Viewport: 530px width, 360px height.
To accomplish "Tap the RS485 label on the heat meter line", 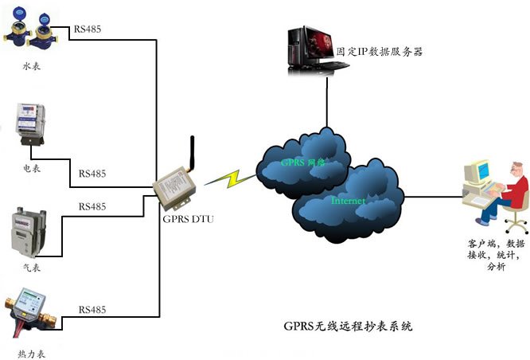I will (92, 308).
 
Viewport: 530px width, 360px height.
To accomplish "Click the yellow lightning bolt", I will (227, 178).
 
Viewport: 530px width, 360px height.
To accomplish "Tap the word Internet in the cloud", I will (348, 202).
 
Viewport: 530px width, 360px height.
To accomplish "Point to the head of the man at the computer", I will (518, 169).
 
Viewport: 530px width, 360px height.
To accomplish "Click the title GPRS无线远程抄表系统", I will (349, 326).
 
